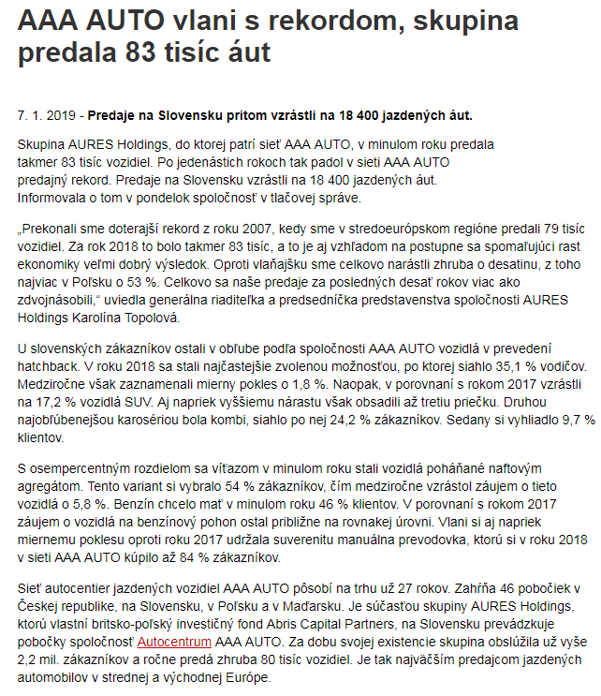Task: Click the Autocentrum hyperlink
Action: click(174, 643)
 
